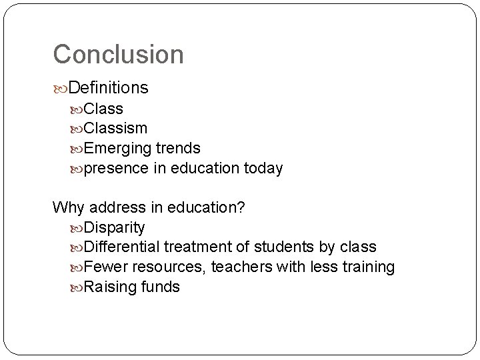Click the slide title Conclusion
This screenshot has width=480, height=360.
coord(118,55)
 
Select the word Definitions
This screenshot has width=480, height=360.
coord(108,88)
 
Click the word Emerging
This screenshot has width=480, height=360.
coord(117,149)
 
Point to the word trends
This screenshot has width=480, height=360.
coord(178,148)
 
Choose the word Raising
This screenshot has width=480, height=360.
coord(110,287)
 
